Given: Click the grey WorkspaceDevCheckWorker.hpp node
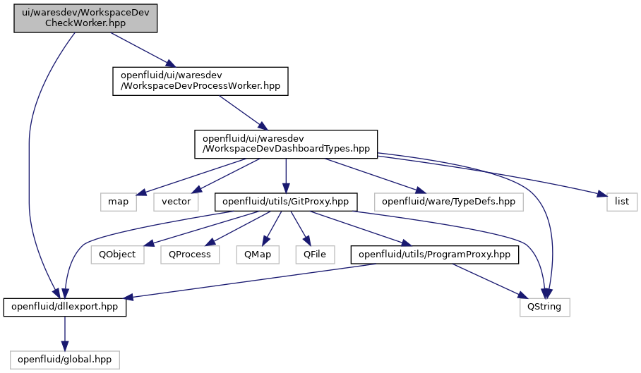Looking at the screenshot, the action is tap(85, 18).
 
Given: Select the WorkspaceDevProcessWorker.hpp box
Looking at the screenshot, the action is tap(200, 81).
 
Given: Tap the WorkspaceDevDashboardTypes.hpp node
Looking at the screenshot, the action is tap(286, 144).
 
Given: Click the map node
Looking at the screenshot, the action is tap(118, 202).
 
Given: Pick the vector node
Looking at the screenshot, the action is tap(176, 202).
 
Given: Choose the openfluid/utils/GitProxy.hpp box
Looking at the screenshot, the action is tap(286, 202).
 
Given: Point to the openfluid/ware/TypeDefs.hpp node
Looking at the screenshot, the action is tap(448, 202).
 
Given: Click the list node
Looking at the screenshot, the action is tap(622, 202).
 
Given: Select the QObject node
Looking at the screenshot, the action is tap(117, 255).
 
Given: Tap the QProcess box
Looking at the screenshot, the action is tap(190, 255).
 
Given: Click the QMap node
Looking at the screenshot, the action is tap(258, 255).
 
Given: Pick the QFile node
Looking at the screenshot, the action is tap(315, 255).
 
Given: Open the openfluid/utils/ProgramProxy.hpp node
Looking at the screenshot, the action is tap(435, 255).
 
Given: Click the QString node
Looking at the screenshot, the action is tap(544, 307).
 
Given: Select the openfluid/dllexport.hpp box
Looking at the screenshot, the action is tap(64, 307).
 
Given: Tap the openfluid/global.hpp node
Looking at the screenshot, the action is tap(64, 360).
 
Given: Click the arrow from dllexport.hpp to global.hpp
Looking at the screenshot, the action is tap(64, 334).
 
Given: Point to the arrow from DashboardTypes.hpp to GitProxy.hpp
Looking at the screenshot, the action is tap(286, 176).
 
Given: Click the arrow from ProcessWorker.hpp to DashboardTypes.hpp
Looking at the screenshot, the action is tap(244, 113).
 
